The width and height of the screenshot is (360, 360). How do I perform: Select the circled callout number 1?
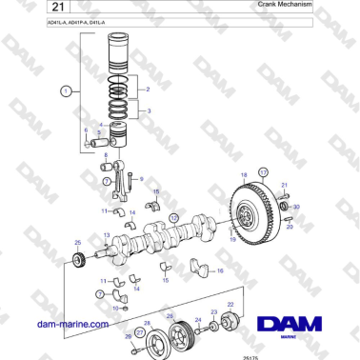click(65, 92)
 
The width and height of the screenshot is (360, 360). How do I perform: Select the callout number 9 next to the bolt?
click(141, 178)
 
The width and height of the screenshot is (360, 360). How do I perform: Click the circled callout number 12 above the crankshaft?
click(173, 217)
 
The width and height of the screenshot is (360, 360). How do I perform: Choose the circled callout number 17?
click(264, 172)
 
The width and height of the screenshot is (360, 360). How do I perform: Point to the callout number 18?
click(243, 175)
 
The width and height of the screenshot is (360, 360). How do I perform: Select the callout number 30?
click(297, 206)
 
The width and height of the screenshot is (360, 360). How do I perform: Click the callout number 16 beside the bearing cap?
click(221, 271)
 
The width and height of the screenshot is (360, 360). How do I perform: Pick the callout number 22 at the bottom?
click(230, 304)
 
